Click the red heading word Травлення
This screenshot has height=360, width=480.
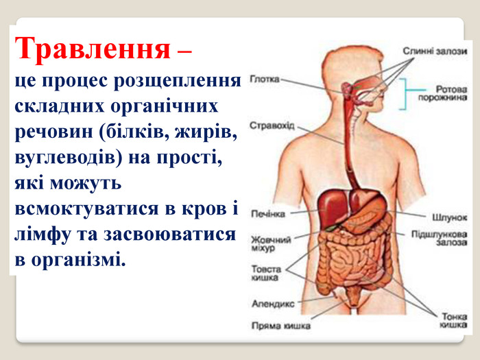point(93,49)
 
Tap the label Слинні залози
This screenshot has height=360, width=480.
point(435,51)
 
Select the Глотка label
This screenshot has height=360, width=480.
point(265,80)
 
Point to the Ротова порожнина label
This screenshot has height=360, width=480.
point(443,93)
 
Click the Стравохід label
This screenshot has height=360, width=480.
point(272,125)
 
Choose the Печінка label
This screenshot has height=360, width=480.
point(268,214)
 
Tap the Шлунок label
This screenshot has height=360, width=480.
point(449,217)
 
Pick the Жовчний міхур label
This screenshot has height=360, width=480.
point(271,243)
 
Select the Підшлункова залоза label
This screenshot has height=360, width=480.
point(440,238)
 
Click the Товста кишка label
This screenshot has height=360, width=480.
point(266,273)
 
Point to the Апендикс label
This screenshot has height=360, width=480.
point(273,304)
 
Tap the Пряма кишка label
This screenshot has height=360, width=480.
point(281,326)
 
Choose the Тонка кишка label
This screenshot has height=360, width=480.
point(454,320)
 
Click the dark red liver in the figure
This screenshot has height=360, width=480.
point(332,206)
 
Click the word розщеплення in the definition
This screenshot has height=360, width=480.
point(178,81)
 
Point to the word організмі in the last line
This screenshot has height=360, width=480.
point(78,260)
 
